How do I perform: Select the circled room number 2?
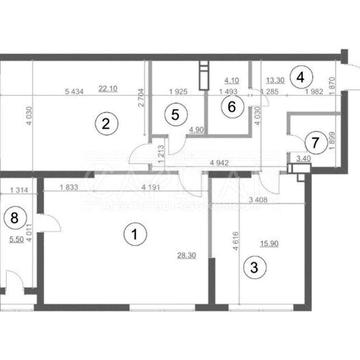[102, 124]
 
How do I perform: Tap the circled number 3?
[254, 267]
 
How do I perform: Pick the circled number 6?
[229, 106]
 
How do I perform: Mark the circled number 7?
[316, 142]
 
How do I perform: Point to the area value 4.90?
[196, 130]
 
